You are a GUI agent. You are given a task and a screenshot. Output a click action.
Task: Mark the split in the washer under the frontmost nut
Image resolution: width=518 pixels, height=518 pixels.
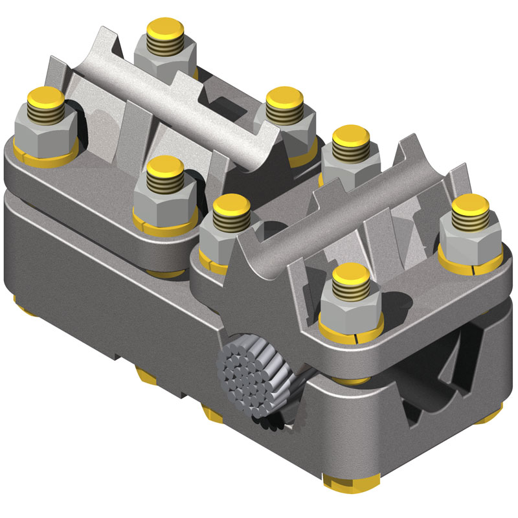(x=358, y=338)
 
